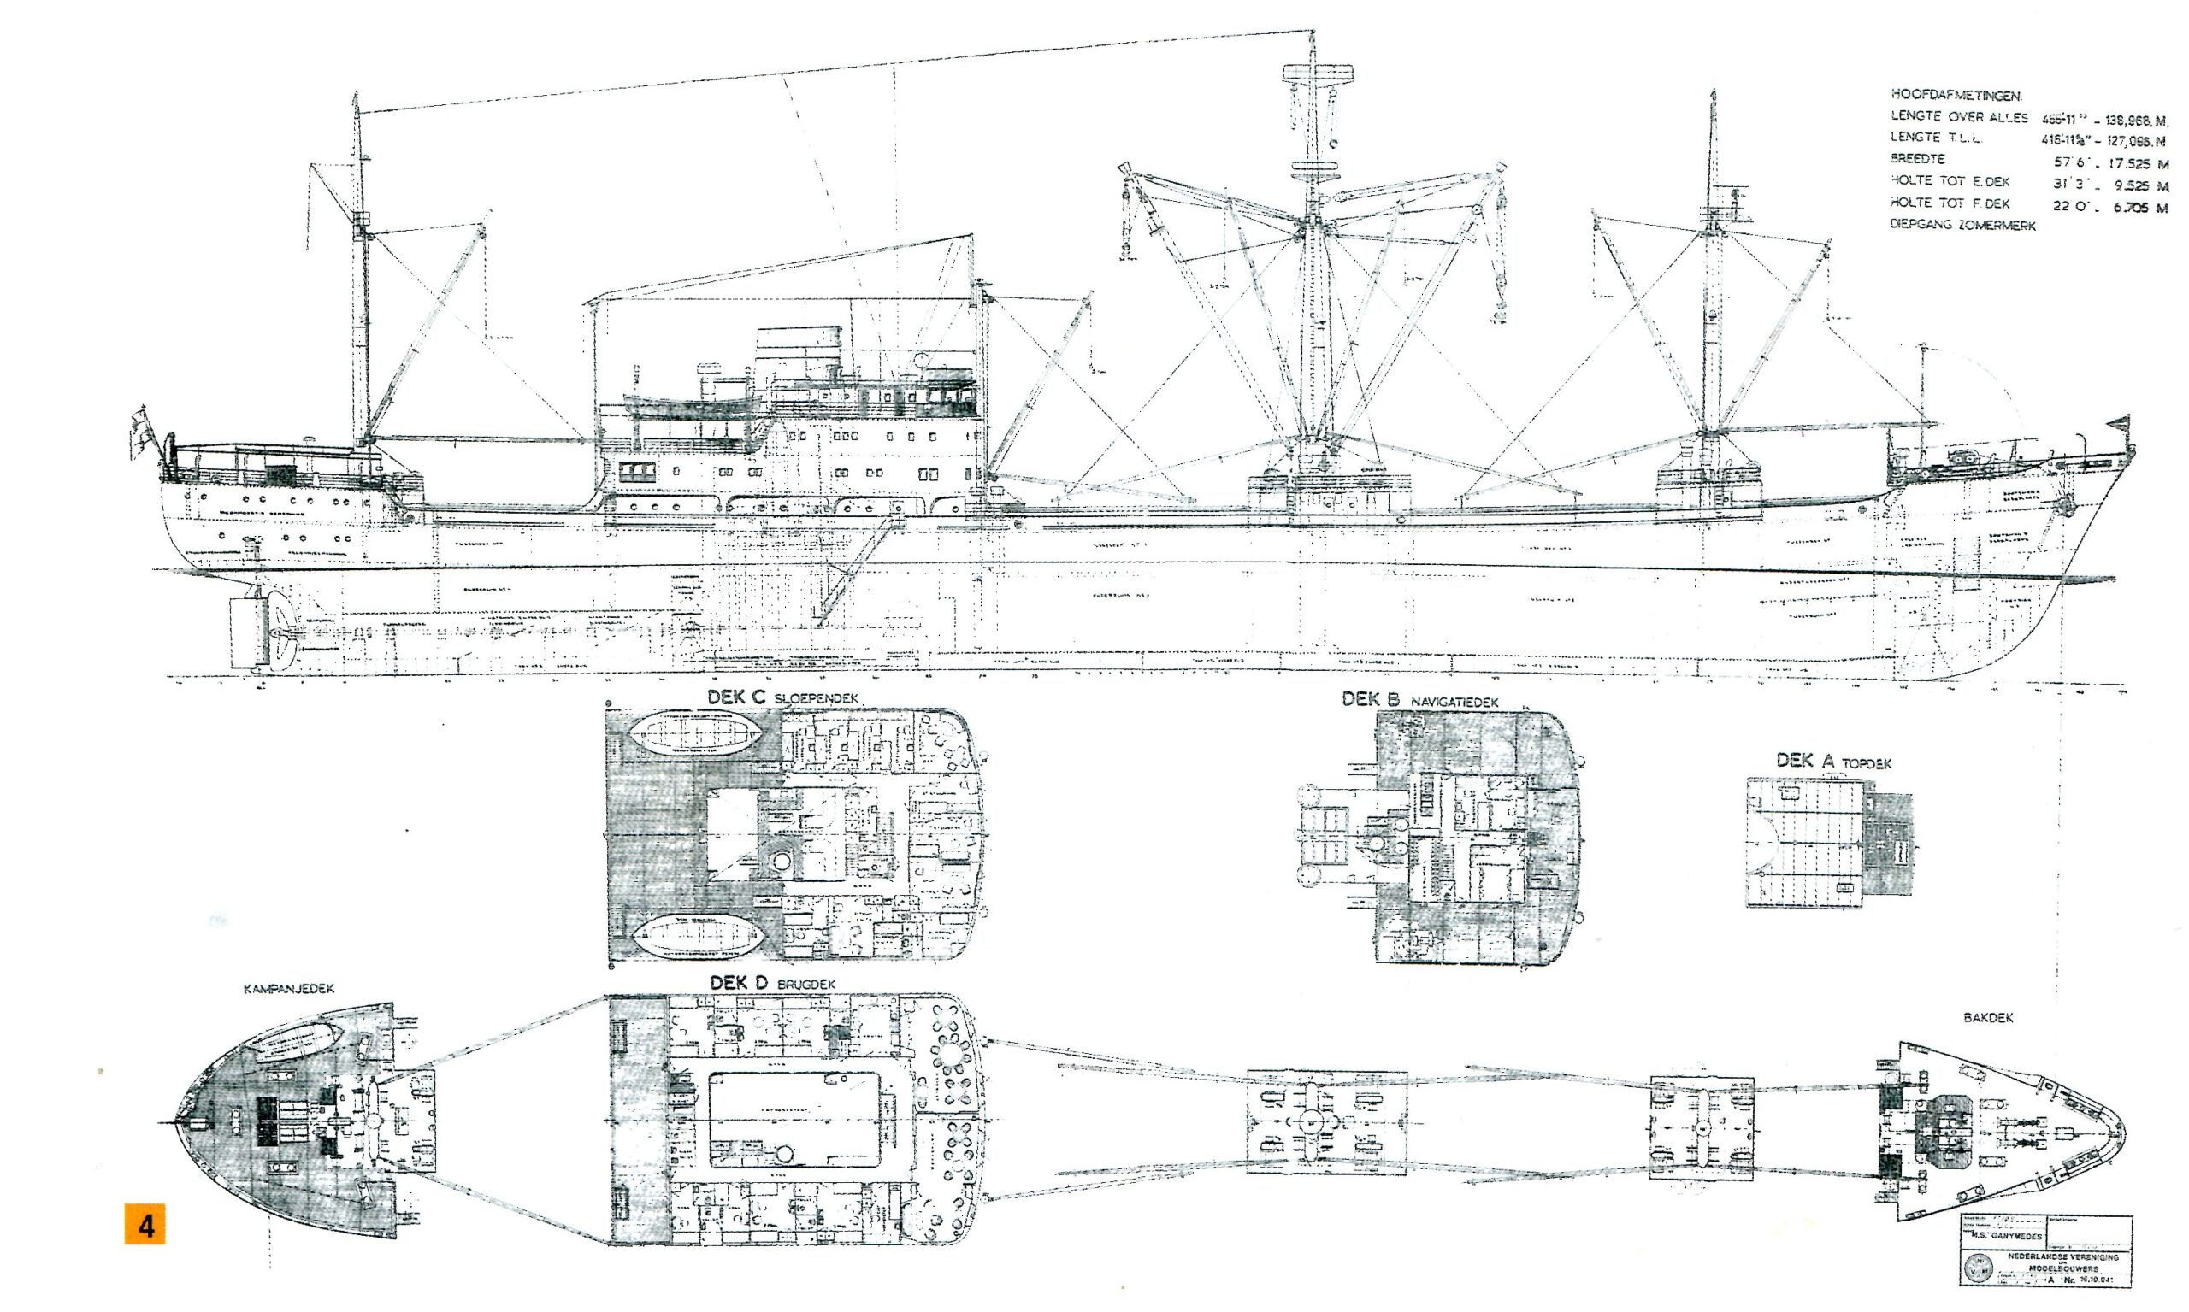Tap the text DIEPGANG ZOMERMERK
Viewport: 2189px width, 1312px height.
tap(1962, 226)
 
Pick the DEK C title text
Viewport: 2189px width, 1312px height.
tap(736, 697)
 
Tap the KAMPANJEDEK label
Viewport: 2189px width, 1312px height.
tap(288, 989)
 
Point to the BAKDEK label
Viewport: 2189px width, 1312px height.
tap(1987, 1018)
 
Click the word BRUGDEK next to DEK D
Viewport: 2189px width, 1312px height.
tap(805, 983)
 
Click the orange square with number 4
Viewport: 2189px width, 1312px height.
tap(145, 1227)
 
